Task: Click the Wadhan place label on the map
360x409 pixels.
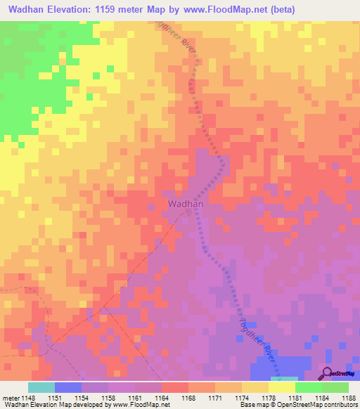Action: coord(186,204)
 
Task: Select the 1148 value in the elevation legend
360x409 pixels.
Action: coord(27,397)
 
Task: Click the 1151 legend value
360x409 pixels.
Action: coord(54,397)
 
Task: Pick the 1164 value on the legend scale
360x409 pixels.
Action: coord(161,397)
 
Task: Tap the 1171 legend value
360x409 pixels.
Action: coord(214,397)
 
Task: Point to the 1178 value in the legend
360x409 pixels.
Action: coord(268,397)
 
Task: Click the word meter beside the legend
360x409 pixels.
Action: coord(11,397)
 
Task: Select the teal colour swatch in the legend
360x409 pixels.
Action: coord(41,387)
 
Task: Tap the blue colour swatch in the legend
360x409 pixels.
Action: coord(67,387)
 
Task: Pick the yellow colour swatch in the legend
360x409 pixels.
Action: coord(281,387)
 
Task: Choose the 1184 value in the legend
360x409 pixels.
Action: coord(321,397)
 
